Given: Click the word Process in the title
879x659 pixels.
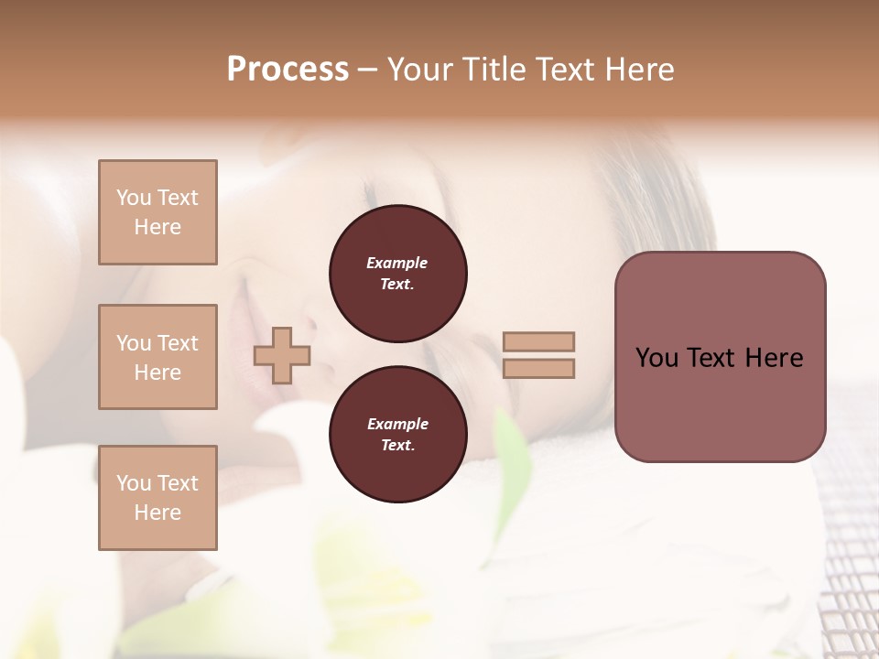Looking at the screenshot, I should [288, 70].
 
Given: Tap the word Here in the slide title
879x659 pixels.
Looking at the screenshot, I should [638, 70].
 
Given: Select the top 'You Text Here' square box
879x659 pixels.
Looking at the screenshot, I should [157, 212].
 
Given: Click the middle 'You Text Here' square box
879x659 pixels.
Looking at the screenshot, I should [157, 357].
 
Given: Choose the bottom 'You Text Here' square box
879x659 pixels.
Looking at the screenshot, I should [157, 498].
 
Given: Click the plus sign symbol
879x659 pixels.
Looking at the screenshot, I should [282, 356].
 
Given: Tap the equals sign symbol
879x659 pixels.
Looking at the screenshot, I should [538, 355].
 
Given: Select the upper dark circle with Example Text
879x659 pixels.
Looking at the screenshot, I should [397, 274].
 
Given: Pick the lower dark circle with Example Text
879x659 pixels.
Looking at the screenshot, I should [397, 435].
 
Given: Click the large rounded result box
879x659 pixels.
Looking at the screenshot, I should [720, 356].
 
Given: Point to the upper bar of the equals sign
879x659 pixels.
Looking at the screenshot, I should [538, 342].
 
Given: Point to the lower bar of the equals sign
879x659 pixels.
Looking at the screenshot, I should [538, 368].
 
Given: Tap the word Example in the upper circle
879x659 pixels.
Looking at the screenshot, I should [397, 264].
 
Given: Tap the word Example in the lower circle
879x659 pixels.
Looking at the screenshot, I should [397, 425].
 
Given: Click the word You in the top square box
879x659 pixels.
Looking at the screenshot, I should [133, 198].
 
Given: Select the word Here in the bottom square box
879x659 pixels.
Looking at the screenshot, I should [157, 513].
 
